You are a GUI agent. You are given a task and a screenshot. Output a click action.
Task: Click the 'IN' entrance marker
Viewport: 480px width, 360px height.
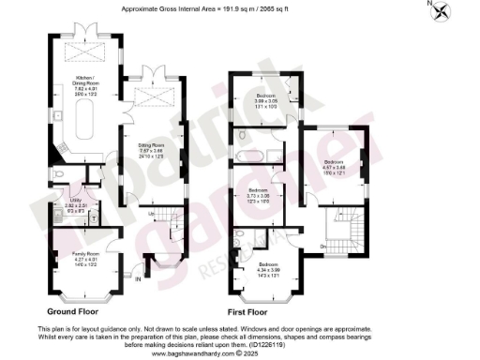[137, 278]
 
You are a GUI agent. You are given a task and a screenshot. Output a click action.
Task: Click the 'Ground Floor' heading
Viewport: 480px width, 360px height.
[75, 310]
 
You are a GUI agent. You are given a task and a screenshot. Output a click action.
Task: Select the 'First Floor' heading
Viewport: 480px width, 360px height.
[247, 310]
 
